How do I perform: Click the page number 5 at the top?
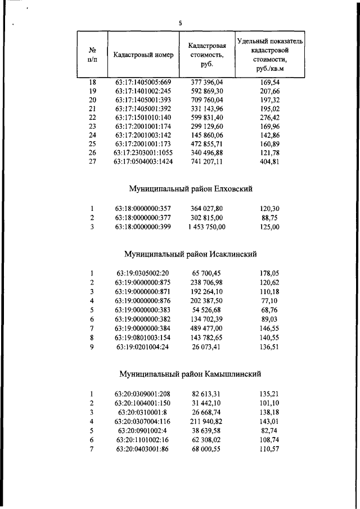(x=180, y=22)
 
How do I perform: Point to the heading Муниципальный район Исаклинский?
(x=187, y=255)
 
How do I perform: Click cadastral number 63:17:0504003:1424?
(x=143, y=161)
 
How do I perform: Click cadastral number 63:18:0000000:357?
(x=143, y=208)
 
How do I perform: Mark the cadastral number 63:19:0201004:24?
(x=143, y=347)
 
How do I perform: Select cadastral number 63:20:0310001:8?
(x=143, y=412)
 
